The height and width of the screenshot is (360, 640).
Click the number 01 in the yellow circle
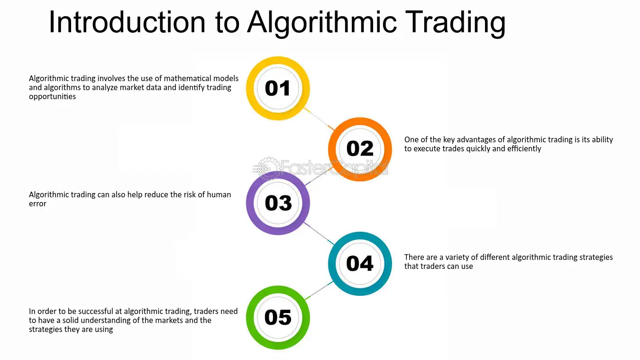tap(277, 88)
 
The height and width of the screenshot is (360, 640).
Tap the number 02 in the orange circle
tap(360, 148)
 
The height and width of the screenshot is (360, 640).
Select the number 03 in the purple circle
tap(278, 203)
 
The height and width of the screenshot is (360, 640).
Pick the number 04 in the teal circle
tap(360, 263)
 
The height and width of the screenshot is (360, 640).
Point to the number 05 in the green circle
tap(278, 317)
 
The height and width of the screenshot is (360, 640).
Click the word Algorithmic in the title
tap(322, 23)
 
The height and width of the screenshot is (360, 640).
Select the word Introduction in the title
tap(127, 22)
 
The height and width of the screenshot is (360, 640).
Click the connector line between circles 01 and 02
tap(319, 119)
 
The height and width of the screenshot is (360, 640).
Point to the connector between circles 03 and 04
tap(319, 233)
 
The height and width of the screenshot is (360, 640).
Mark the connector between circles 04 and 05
tap(319, 291)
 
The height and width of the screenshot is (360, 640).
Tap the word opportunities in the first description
tap(52, 97)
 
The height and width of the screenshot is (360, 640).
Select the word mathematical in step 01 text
tap(187, 78)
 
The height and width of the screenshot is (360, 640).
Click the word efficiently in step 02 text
tap(524, 148)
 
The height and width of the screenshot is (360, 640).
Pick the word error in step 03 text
tap(37, 204)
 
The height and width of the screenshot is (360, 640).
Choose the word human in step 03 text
tap(219, 195)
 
